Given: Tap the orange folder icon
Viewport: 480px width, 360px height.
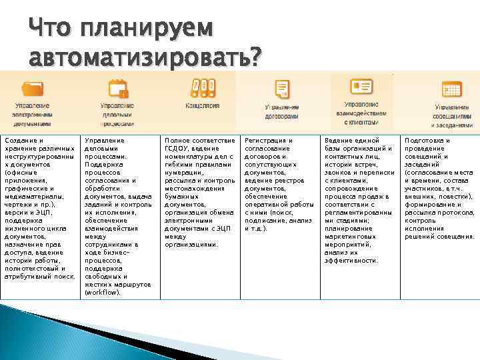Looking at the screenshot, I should pos(31,88).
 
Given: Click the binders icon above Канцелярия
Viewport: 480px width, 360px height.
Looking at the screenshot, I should pos(202,87).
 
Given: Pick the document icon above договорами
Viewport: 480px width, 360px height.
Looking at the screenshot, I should pos(282,89).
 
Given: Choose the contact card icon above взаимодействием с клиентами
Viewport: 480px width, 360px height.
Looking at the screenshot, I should pos(361,87).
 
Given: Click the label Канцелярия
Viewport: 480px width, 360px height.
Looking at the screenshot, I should pos(202,105).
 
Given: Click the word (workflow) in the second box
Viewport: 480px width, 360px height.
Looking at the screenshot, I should pos(103,292).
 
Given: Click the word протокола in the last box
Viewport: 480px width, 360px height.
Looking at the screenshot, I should pos(451,213).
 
